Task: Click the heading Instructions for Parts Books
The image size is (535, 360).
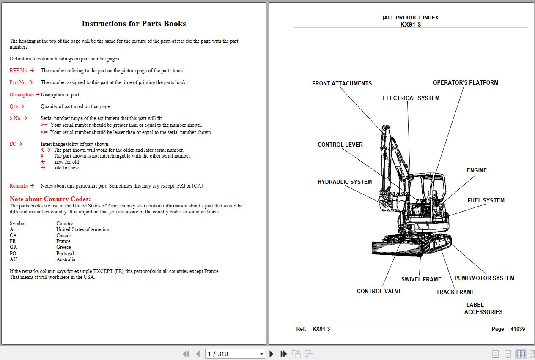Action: tap(134, 24)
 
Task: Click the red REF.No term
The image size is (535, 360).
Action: tap(18, 71)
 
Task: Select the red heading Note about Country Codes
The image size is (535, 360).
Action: tap(50, 199)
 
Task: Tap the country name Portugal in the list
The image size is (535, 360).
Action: tap(65, 254)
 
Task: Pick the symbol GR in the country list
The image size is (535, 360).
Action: tap(13, 247)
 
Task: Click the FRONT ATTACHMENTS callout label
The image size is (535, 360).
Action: tap(342, 83)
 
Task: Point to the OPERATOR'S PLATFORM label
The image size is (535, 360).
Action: tap(465, 82)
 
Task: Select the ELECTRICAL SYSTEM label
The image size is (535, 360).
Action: tap(411, 98)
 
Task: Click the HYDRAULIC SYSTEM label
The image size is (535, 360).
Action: tap(345, 182)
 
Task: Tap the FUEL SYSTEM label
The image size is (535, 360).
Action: tap(486, 200)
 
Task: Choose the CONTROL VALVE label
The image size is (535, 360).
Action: tap(379, 291)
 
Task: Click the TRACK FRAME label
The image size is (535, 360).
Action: tap(455, 292)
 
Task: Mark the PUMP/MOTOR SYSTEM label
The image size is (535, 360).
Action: tap(484, 278)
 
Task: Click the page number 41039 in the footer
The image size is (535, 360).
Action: tap(517, 329)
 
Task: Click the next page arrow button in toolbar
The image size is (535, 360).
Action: tap(272, 354)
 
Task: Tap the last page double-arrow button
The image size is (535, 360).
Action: tap(284, 354)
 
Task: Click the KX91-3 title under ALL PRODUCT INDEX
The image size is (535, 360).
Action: tap(410, 25)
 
